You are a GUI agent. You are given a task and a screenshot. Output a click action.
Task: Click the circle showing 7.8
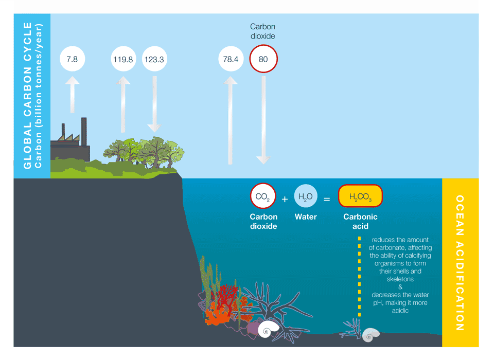click(x=72, y=59)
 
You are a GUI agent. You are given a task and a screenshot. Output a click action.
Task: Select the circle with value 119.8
click(x=123, y=59)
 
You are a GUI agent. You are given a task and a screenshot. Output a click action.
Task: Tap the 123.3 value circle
click(x=154, y=59)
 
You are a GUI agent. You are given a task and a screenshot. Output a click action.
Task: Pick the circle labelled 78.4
click(x=231, y=59)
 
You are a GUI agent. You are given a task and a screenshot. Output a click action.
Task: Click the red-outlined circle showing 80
click(x=263, y=59)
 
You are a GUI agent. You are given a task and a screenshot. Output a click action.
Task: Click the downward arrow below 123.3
click(x=154, y=105)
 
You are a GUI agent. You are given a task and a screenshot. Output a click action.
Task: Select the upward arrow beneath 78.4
click(x=230, y=121)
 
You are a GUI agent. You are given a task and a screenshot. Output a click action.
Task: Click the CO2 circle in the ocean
click(x=263, y=196)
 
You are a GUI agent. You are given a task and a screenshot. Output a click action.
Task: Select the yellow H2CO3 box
click(x=360, y=196)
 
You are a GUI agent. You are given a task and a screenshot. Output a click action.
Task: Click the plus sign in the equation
click(x=285, y=198)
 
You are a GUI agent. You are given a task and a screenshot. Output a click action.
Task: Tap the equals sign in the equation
click(x=326, y=198)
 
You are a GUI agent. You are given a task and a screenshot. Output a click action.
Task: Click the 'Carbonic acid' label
click(x=360, y=221)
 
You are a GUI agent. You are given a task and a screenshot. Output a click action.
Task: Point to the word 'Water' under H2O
click(x=305, y=217)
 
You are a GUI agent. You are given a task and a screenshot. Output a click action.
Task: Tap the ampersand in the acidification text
click(x=400, y=287)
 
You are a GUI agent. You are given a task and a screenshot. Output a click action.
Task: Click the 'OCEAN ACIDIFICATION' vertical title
click(x=460, y=262)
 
